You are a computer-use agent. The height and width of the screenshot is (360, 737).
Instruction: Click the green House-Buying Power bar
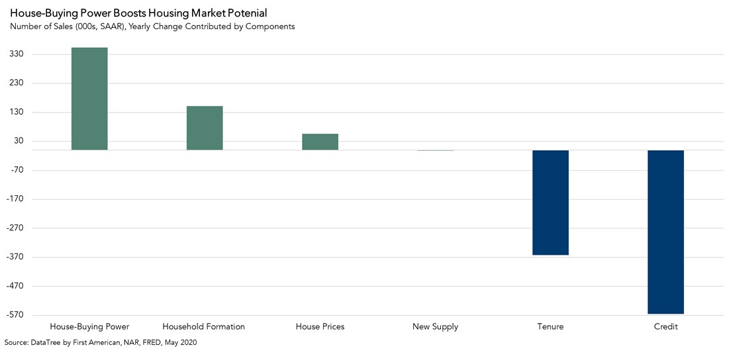(x=89, y=99)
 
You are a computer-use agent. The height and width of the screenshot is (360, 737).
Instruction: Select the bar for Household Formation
(x=205, y=128)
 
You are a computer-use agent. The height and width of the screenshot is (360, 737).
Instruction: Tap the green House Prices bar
(x=320, y=142)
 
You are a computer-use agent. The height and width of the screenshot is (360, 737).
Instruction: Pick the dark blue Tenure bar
(x=550, y=202)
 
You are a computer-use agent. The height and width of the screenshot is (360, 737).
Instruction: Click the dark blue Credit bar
(x=665, y=232)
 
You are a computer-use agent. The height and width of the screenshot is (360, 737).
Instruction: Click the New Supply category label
(x=435, y=327)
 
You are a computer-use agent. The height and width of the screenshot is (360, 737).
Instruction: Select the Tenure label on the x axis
(x=550, y=327)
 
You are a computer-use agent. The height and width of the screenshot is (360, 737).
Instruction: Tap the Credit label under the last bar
(x=665, y=327)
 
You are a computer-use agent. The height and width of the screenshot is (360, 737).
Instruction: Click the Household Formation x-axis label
(x=204, y=327)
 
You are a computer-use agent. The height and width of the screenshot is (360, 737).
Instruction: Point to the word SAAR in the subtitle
(x=107, y=26)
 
